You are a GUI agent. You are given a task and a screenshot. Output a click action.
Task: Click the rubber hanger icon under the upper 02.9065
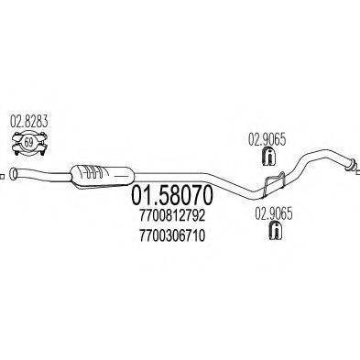point(268,158)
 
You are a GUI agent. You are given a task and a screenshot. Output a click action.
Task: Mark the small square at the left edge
point(3,174)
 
